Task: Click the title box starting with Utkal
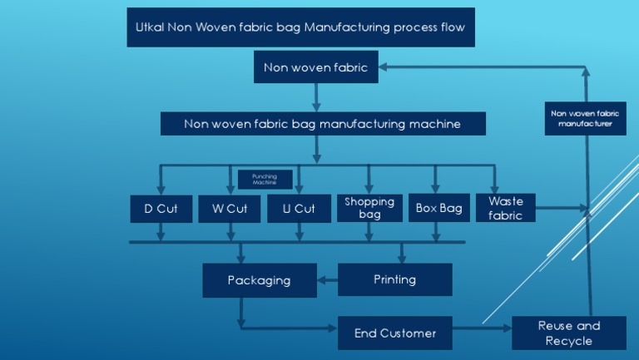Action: click(x=300, y=27)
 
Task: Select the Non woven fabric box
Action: click(x=315, y=67)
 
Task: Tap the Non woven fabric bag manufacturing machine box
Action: click(x=323, y=124)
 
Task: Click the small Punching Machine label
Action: click(x=265, y=180)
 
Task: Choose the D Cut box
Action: click(x=161, y=209)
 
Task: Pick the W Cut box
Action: click(x=230, y=209)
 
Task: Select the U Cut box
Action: click(x=299, y=209)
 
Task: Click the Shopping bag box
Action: click(x=369, y=208)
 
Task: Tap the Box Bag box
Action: click(x=438, y=209)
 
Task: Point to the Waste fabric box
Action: click(x=505, y=208)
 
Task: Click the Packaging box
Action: click(x=260, y=280)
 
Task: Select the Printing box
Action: click(x=394, y=279)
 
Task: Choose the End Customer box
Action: click(x=394, y=333)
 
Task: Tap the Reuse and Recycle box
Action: click(x=568, y=333)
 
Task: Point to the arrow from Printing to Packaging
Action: click(x=327, y=280)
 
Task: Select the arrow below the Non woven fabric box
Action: click(x=316, y=98)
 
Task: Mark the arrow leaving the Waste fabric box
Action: click(x=562, y=208)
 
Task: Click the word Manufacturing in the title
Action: click(x=346, y=27)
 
